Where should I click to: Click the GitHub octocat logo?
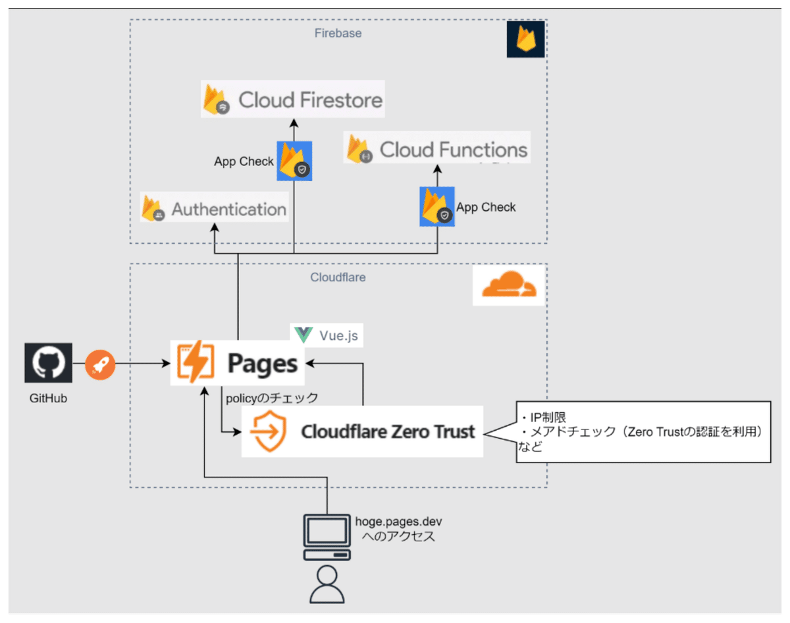coord(48,362)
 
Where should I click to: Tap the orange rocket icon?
coord(100,363)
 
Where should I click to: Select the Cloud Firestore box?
coord(292,99)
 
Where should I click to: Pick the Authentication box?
coord(214,209)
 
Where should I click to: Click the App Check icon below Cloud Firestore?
coord(294,161)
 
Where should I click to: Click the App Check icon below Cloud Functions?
coord(437,207)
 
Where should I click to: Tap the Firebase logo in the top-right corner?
coord(525,40)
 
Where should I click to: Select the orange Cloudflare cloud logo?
coord(509,286)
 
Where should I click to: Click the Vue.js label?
coord(327,335)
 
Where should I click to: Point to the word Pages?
coord(262,364)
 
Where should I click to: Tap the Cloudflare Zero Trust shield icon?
coord(269,431)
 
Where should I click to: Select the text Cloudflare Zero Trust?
coord(387,432)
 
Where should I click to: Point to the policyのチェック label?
coord(272,398)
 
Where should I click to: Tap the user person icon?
coord(327,584)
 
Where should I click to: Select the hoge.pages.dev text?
coord(398,522)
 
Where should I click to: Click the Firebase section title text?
coord(338,33)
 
